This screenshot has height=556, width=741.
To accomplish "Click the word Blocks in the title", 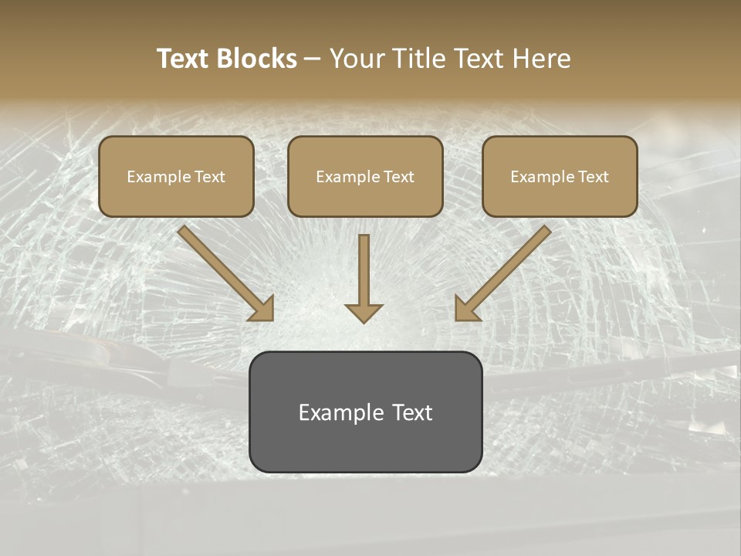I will pyautogui.click(x=258, y=59).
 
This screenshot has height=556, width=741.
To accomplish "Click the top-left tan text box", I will pyautogui.click(x=176, y=176).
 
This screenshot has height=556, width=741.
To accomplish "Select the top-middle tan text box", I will pyautogui.click(x=365, y=176).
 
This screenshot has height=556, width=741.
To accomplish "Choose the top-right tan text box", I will pyautogui.click(x=560, y=176).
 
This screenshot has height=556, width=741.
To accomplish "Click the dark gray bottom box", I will pyautogui.click(x=365, y=412).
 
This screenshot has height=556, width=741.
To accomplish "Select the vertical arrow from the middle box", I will pyautogui.click(x=364, y=274).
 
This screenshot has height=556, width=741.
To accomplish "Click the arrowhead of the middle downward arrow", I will pyautogui.click(x=364, y=312).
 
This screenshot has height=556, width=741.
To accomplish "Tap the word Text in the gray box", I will pyautogui.click(x=412, y=412).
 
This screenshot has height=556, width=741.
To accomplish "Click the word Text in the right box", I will pyautogui.click(x=594, y=177).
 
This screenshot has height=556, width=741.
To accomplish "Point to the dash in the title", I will pyautogui.click(x=313, y=59).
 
